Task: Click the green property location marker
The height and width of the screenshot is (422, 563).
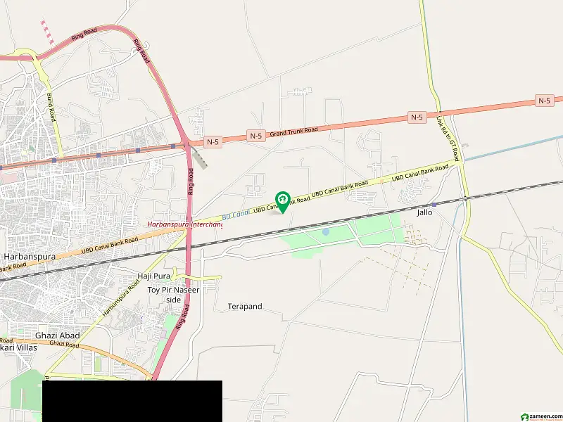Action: (x=283, y=201)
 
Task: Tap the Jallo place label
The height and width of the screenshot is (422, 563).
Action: (x=425, y=212)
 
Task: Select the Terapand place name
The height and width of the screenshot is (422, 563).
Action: (x=245, y=307)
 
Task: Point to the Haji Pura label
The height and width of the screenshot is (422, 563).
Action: (x=153, y=276)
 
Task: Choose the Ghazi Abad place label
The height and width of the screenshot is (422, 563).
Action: (x=57, y=335)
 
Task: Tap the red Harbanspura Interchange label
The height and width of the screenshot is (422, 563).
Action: (x=184, y=224)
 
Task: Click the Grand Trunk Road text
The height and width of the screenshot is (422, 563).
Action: (x=293, y=131)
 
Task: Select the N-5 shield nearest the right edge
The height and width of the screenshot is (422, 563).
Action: (x=544, y=101)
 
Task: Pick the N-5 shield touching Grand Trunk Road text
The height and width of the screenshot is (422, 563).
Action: (x=255, y=135)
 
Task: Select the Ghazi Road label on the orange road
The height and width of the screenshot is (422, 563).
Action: (x=65, y=345)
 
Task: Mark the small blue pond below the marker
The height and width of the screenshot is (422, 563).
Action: (x=325, y=231)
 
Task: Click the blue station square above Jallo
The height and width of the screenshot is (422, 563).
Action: (x=434, y=204)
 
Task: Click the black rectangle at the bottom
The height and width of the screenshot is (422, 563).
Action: (x=132, y=401)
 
